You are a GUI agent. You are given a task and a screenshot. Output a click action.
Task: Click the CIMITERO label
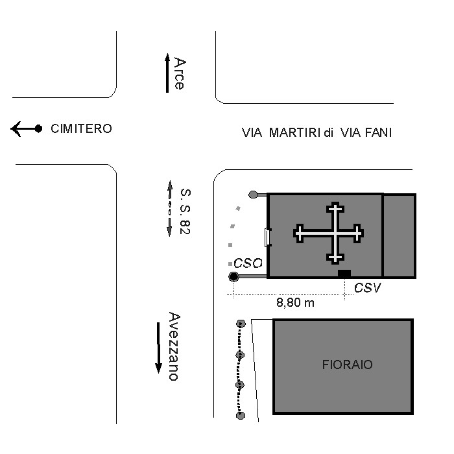point(81,129)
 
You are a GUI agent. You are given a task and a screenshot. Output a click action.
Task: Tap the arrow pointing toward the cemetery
point(27,128)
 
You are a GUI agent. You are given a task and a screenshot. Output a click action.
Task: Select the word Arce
point(180,73)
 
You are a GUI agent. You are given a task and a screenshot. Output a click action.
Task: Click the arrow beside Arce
point(167,73)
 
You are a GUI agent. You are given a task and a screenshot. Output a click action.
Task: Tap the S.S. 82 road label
point(185,211)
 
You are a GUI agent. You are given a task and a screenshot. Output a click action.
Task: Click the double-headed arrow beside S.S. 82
point(170,208)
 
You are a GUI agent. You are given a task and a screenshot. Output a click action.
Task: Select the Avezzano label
point(174,346)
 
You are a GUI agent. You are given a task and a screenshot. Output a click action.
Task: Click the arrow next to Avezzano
point(158,348)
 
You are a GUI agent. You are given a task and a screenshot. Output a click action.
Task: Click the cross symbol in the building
point(329,233)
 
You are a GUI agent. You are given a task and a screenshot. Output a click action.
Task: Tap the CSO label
point(248,263)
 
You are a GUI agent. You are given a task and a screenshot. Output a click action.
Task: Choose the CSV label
point(368,288)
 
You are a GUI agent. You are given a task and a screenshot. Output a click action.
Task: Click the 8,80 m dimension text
point(295,303)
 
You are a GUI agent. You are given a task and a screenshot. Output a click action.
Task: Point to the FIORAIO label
point(348,364)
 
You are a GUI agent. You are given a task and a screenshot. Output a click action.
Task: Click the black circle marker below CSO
point(233,277)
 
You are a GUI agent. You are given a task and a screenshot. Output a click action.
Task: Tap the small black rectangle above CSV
point(344,273)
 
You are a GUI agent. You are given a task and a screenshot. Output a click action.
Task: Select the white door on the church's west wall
point(268,237)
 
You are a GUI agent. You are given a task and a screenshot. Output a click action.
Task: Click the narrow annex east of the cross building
point(400,236)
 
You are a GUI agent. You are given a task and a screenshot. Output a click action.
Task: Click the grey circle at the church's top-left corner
point(253,195)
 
